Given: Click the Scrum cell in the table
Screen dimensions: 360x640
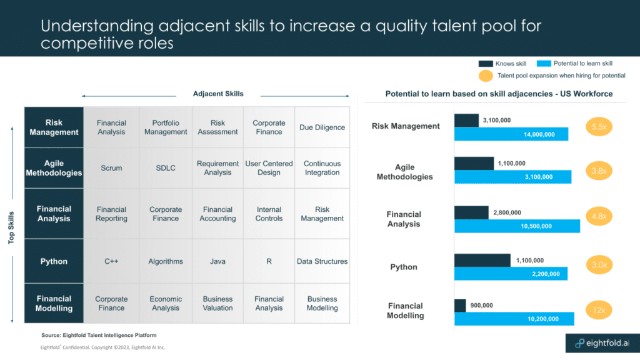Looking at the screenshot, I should point(111,168).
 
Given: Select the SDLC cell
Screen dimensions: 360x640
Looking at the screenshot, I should point(166,168).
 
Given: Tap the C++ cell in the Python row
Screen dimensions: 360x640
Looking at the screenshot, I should point(111,261).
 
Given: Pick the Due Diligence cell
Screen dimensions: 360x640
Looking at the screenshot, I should point(322,127).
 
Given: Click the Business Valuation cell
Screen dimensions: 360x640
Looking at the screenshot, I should point(217,304).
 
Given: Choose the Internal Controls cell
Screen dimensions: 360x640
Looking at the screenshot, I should point(269,214).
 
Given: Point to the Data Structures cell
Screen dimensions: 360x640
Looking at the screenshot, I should point(322,261).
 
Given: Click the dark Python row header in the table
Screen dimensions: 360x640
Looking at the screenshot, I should point(54,261).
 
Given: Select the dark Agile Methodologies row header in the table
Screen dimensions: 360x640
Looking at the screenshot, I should point(54,168).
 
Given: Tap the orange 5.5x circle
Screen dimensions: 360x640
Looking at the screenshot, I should point(599,127).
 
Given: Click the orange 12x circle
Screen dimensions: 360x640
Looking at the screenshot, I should point(599,309).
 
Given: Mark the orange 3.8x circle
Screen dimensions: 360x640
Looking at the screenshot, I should point(599,170).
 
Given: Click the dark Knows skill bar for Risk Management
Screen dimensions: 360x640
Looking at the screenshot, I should point(466,120).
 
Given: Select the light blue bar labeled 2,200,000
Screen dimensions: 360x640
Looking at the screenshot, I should point(511,274).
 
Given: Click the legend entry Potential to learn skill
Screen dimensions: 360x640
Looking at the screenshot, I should point(574,63).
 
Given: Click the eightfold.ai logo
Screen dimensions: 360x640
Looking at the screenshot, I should point(599,342).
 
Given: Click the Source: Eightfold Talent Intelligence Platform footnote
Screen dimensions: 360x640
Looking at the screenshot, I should point(99,336).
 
